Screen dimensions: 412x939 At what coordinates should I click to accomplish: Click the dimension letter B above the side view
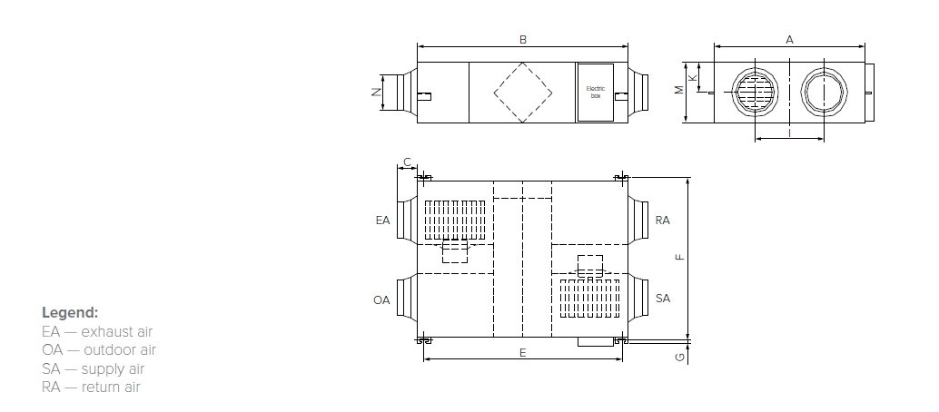[x=522, y=40]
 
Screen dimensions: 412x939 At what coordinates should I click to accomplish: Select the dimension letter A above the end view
[x=790, y=40]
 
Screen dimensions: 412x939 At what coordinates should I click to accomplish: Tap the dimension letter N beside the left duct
[x=375, y=92]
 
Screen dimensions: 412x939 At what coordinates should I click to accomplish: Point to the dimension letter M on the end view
[x=678, y=91]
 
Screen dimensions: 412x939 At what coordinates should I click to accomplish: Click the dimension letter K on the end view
[x=693, y=78]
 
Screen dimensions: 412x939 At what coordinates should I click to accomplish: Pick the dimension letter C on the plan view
[x=407, y=162]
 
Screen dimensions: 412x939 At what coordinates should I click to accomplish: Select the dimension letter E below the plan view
[x=523, y=352]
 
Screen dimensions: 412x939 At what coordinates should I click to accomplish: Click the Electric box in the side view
[x=596, y=92]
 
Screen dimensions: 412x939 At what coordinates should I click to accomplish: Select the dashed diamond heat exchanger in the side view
[x=523, y=92]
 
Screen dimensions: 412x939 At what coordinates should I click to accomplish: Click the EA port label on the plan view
[x=382, y=221]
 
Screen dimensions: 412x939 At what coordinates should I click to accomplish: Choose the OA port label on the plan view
[x=382, y=299]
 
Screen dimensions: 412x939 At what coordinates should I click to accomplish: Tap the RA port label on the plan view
[x=663, y=221]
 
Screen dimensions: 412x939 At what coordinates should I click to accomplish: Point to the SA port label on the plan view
[x=663, y=299]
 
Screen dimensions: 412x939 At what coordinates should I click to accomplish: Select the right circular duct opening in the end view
[x=825, y=92]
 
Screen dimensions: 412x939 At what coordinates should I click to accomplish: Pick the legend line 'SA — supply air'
[x=93, y=368]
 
